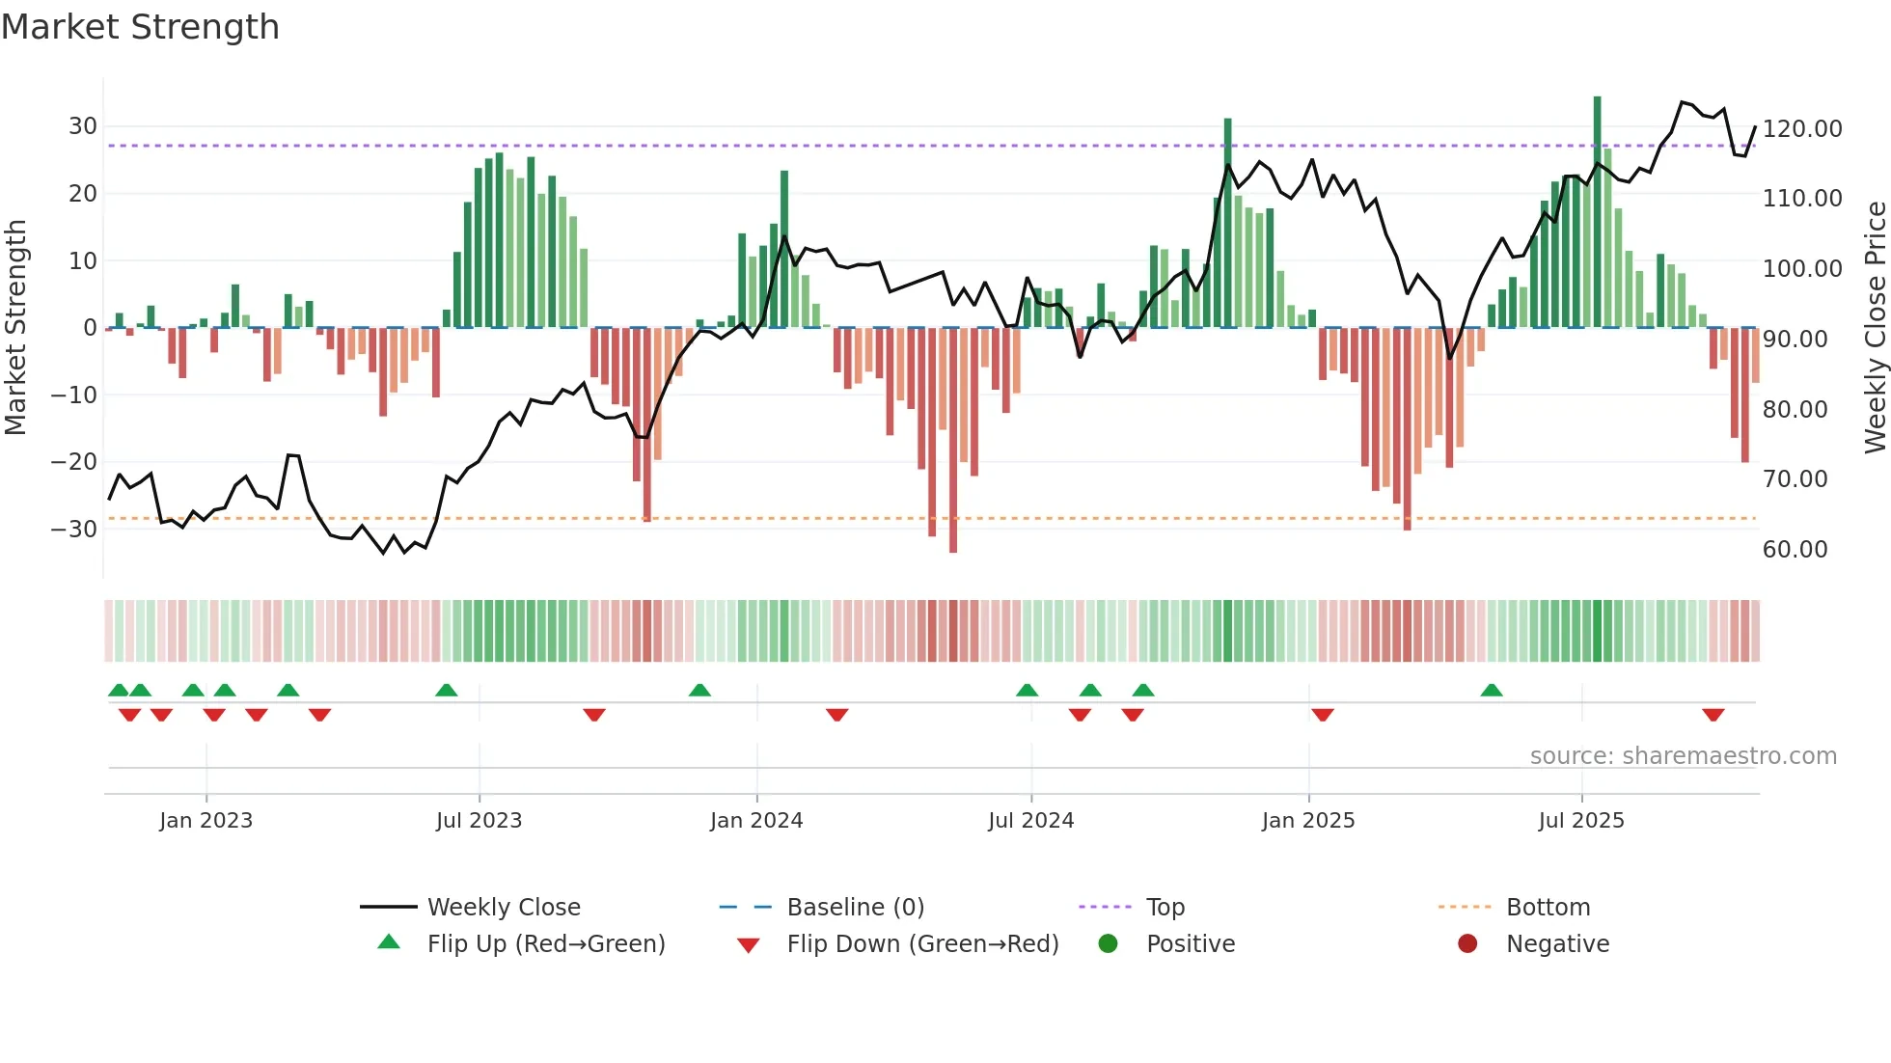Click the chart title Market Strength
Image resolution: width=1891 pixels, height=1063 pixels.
click(140, 27)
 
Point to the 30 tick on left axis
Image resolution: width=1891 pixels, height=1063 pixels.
click(83, 126)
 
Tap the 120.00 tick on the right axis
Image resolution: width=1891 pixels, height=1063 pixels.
click(1801, 128)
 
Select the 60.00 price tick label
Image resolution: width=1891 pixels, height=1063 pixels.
click(1795, 549)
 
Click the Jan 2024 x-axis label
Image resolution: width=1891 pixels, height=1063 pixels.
click(756, 820)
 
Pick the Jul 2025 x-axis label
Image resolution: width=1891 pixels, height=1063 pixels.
click(1580, 820)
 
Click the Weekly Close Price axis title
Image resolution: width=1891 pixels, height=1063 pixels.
click(1875, 327)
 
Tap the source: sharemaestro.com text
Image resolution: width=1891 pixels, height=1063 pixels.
click(1683, 756)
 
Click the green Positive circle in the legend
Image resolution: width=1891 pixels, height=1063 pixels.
click(1108, 943)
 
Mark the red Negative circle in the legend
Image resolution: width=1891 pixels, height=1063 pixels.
click(1467, 943)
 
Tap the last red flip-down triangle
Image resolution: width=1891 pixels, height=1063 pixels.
click(1713, 715)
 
